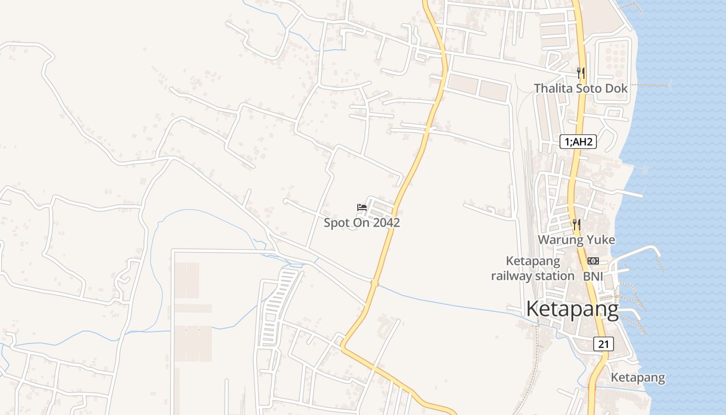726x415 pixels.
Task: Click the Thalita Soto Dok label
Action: pos(581,88)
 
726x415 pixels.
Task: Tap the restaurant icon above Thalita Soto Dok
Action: pos(581,73)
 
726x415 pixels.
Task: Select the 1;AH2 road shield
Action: pos(578,142)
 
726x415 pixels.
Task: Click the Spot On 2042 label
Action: pos(362,223)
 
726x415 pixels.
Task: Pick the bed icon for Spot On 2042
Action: pos(362,208)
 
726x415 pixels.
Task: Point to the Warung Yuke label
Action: pos(576,240)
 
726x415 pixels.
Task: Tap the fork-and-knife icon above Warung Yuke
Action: pos(576,225)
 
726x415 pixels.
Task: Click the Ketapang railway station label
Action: pos(533,268)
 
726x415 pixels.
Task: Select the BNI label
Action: pos(593,276)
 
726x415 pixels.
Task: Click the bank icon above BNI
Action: pos(593,261)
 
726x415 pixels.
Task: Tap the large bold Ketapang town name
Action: pos(573,310)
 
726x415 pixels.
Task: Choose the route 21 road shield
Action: pos(604,344)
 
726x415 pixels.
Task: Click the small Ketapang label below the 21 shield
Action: pos(637,377)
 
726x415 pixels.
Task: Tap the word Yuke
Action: pos(601,240)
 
